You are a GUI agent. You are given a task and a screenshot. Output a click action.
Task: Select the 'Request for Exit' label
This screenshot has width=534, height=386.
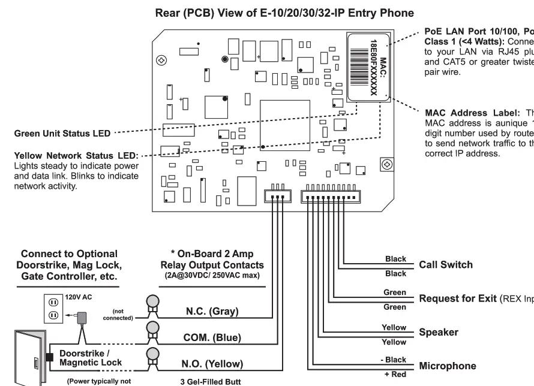[x=458, y=298]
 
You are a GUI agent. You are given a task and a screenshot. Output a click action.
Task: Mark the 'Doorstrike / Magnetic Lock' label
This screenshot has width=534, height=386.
[x=91, y=358]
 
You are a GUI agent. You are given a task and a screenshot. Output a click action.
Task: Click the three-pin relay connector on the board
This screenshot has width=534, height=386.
[x=278, y=195]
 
